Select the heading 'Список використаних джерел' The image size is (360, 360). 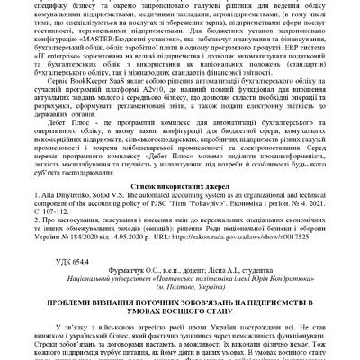tap(180, 182)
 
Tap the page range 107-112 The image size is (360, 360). tap(81, 211)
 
